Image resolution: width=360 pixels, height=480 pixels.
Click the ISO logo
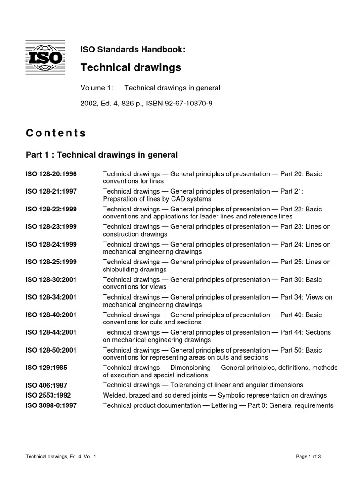pos(45,59)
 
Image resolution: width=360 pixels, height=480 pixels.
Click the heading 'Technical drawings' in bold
pos(131,68)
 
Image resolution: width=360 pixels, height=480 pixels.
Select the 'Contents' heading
pos(56,133)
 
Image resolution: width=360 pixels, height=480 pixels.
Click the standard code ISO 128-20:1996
pos(51,174)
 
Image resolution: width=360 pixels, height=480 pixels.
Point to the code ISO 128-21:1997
pos(51,191)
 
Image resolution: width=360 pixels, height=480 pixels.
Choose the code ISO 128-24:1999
pos(51,244)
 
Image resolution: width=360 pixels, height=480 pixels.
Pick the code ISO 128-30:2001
pos(51,279)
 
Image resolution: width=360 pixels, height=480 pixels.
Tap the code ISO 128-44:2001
pos(51,332)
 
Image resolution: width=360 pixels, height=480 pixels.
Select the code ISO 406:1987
pos(46,385)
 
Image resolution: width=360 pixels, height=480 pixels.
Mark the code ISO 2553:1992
pos(48,395)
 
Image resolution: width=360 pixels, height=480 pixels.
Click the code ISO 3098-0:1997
pos(53,405)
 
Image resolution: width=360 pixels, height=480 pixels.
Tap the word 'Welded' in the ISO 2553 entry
pos(114,395)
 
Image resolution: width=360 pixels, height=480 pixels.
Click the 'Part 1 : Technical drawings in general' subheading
pos(102,155)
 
